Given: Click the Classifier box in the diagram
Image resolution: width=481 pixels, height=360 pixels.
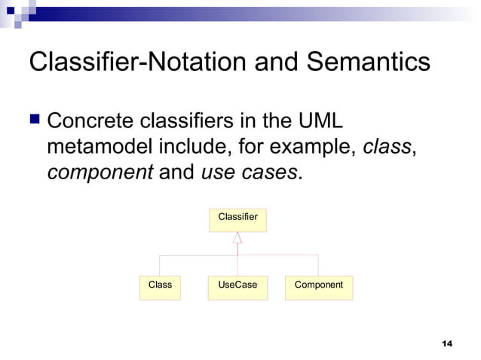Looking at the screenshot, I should point(237,218).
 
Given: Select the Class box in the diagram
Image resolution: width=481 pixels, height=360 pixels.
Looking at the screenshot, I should point(160,285).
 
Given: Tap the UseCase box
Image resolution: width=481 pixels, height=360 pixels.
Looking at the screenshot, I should point(237,285).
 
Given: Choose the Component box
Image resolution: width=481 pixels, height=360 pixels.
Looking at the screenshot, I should point(318,285).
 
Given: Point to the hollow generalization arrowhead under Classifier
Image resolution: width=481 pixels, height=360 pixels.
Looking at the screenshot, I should point(237,237).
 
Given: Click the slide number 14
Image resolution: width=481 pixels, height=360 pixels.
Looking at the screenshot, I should point(447,343).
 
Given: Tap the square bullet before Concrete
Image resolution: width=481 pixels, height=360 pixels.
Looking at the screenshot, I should point(35,120).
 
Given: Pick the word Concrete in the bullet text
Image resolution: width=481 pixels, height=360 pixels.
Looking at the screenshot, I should point(94,121).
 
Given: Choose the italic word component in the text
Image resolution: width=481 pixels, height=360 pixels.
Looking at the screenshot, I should point(100,172).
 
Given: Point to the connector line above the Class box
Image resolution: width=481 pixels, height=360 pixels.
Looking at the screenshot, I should point(160,265).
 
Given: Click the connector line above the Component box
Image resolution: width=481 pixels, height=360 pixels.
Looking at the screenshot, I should point(318,265).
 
